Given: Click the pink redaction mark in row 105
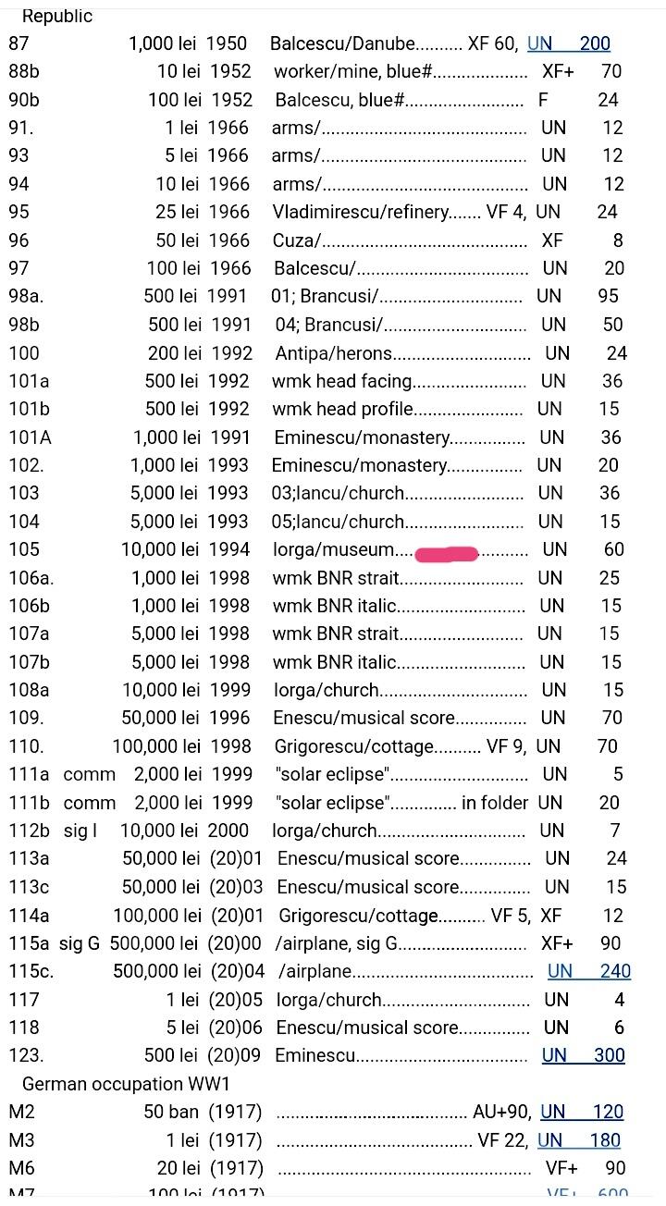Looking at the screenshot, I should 447,554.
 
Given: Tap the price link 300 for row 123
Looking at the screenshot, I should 610,1055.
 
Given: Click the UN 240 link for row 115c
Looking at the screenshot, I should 589,971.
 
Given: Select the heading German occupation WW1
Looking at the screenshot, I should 126,1084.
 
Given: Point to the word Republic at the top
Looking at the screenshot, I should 57,17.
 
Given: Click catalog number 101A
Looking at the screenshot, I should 31,437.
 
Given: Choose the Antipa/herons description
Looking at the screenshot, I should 334,353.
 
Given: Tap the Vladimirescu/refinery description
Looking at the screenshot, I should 361,212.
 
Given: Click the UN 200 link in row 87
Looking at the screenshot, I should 569,43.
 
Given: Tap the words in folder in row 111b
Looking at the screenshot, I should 495,803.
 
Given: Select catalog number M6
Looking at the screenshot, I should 22,1168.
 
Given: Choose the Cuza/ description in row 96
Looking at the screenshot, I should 296,240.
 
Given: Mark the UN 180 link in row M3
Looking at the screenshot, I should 579,1140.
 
